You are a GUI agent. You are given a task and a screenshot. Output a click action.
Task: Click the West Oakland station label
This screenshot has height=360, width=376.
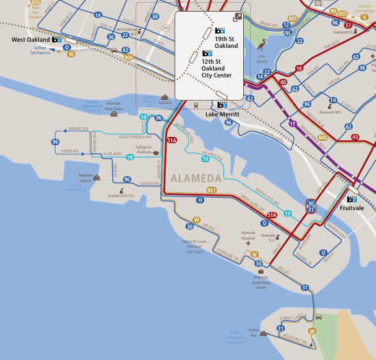pyautogui.click(x=32, y=40)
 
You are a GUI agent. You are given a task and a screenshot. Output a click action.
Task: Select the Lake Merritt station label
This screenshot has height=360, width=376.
pyautogui.click(x=222, y=114)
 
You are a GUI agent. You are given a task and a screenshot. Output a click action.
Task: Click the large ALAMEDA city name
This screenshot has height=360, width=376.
pyautogui.click(x=195, y=179)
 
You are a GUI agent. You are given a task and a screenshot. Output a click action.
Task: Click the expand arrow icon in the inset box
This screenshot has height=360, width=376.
pyautogui.click(x=237, y=17)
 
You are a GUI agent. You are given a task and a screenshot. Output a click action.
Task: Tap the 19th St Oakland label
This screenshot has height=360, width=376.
pyautogui.click(x=226, y=42)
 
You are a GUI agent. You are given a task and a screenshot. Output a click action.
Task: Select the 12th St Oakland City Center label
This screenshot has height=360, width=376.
pyautogui.click(x=216, y=68)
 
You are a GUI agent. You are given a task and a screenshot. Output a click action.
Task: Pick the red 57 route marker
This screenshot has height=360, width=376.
pyautogui.click(x=348, y=25)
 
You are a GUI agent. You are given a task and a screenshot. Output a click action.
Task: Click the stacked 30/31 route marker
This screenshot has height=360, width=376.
pyautogui.click(x=311, y=207)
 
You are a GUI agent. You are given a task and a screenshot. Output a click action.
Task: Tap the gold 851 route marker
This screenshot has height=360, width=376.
pyautogui.click(x=212, y=190)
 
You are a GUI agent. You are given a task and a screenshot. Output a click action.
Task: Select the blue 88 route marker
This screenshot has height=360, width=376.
pyautogui.click(x=155, y=16)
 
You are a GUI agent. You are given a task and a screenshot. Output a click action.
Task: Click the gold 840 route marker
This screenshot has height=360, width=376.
pyautogui.click(x=323, y=138)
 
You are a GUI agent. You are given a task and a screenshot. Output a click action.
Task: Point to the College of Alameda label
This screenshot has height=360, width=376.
pyautogui.click(x=143, y=150)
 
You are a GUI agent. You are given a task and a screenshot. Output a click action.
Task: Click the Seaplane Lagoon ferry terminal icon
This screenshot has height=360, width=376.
pyautogui.click(x=97, y=177)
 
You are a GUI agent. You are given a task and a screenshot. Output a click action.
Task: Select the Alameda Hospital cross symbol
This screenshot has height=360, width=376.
pyautogui.click(x=248, y=242)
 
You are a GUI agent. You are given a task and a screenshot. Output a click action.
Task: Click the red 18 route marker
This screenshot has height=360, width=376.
pyautogui.click(x=299, y=68)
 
